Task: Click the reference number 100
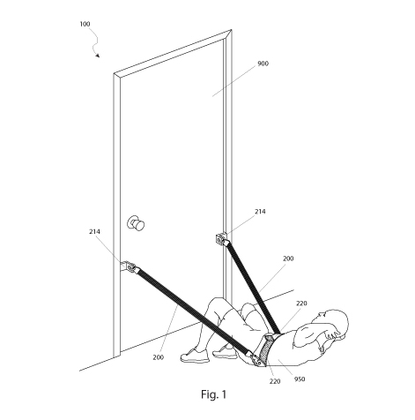pos(85,24)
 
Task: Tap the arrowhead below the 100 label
pos(98,56)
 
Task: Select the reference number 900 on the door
pos(263,64)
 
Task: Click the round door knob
pos(136,223)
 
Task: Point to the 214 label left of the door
pos(94,232)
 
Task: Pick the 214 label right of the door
pos(260,212)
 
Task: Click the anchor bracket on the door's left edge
pos(129,266)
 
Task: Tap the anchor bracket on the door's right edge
pos(221,239)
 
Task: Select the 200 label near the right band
pos(288,259)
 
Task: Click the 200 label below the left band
pos(158,357)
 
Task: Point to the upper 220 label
pos(301,304)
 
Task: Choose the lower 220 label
pos(275,381)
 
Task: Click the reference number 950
pos(300,379)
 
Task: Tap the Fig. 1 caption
pos(214,394)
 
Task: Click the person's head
pos(331,323)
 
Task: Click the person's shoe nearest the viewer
pos(195,356)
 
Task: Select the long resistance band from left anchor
pos(195,312)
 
